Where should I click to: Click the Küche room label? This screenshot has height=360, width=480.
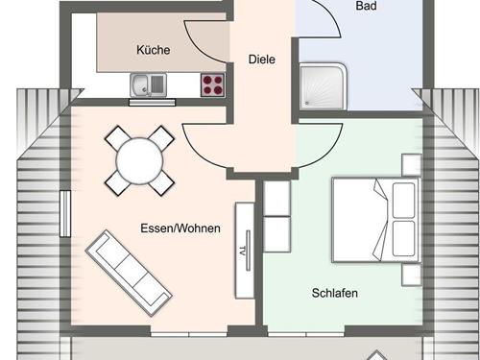(154, 50)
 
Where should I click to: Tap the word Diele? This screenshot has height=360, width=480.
(262, 59)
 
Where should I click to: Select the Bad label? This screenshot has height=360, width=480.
(366, 6)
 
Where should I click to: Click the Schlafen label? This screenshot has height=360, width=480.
(334, 293)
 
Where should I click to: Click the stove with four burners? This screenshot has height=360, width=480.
(213, 84)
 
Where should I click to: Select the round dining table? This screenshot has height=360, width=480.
(139, 158)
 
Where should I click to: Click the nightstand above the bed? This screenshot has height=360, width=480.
(411, 164)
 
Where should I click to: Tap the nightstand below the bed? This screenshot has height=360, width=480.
(411, 274)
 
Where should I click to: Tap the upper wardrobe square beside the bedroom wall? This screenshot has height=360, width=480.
(276, 198)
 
